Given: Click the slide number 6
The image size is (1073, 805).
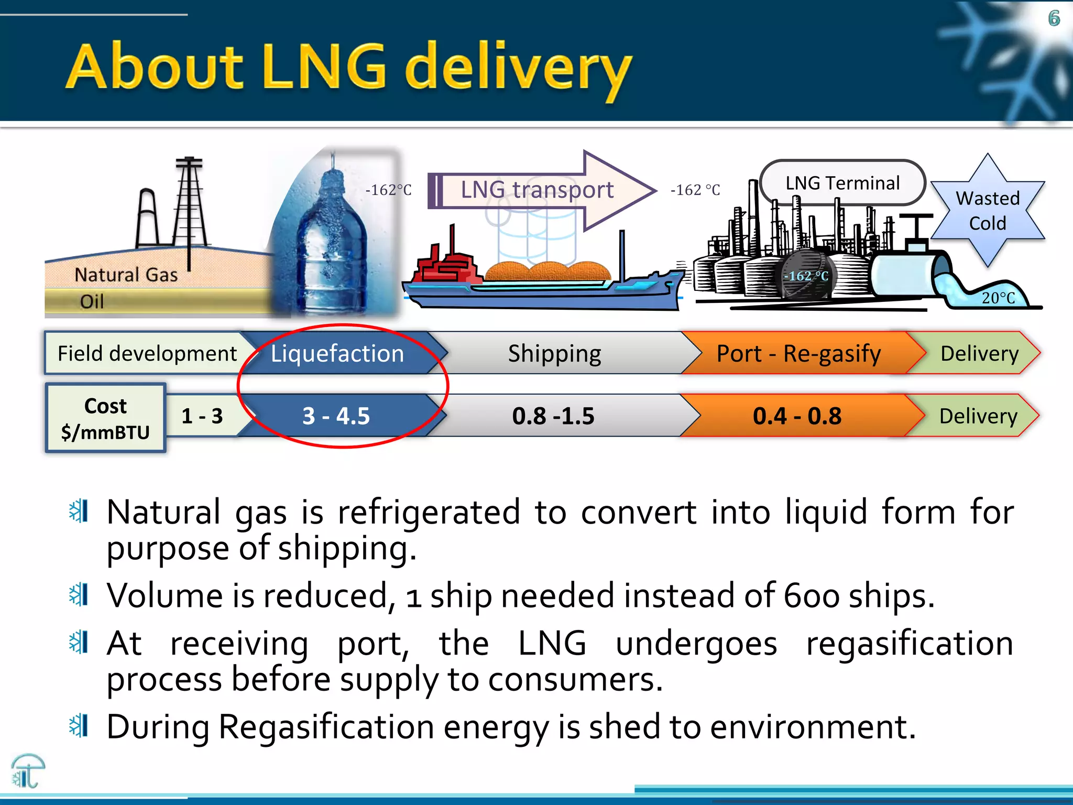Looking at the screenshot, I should pyautogui.click(x=1054, y=19).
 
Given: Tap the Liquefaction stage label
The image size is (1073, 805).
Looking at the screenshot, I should pyautogui.click(x=337, y=353).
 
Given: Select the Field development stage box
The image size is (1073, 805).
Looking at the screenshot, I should pyautogui.click(x=147, y=353).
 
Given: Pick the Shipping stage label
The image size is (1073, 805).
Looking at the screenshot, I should pyautogui.click(x=554, y=353).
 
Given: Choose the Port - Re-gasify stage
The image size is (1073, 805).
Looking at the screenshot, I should pyautogui.click(x=798, y=353).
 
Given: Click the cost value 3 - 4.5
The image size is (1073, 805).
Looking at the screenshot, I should pyautogui.click(x=336, y=416).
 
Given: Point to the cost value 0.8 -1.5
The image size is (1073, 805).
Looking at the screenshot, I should pyautogui.click(x=553, y=416).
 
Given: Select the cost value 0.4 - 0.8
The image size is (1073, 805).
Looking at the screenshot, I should pyautogui.click(x=797, y=416).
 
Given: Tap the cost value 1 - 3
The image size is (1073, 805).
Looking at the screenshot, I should pyautogui.click(x=202, y=416).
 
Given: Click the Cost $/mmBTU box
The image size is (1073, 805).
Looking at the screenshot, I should pyautogui.click(x=105, y=418).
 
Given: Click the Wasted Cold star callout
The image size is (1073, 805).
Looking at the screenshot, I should pyautogui.click(x=988, y=211).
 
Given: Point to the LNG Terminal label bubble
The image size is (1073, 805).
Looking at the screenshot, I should pyautogui.click(x=842, y=183).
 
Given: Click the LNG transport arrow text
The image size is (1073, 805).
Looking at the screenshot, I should pyautogui.click(x=537, y=190).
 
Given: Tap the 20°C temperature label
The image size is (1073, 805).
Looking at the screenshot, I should pyautogui.click(x=998, y=298).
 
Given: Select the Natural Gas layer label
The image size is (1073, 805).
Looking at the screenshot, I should pyautogui.click(x=126, y=275).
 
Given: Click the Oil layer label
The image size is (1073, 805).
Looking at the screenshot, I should pyautogui.click(x=92, y=301).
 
